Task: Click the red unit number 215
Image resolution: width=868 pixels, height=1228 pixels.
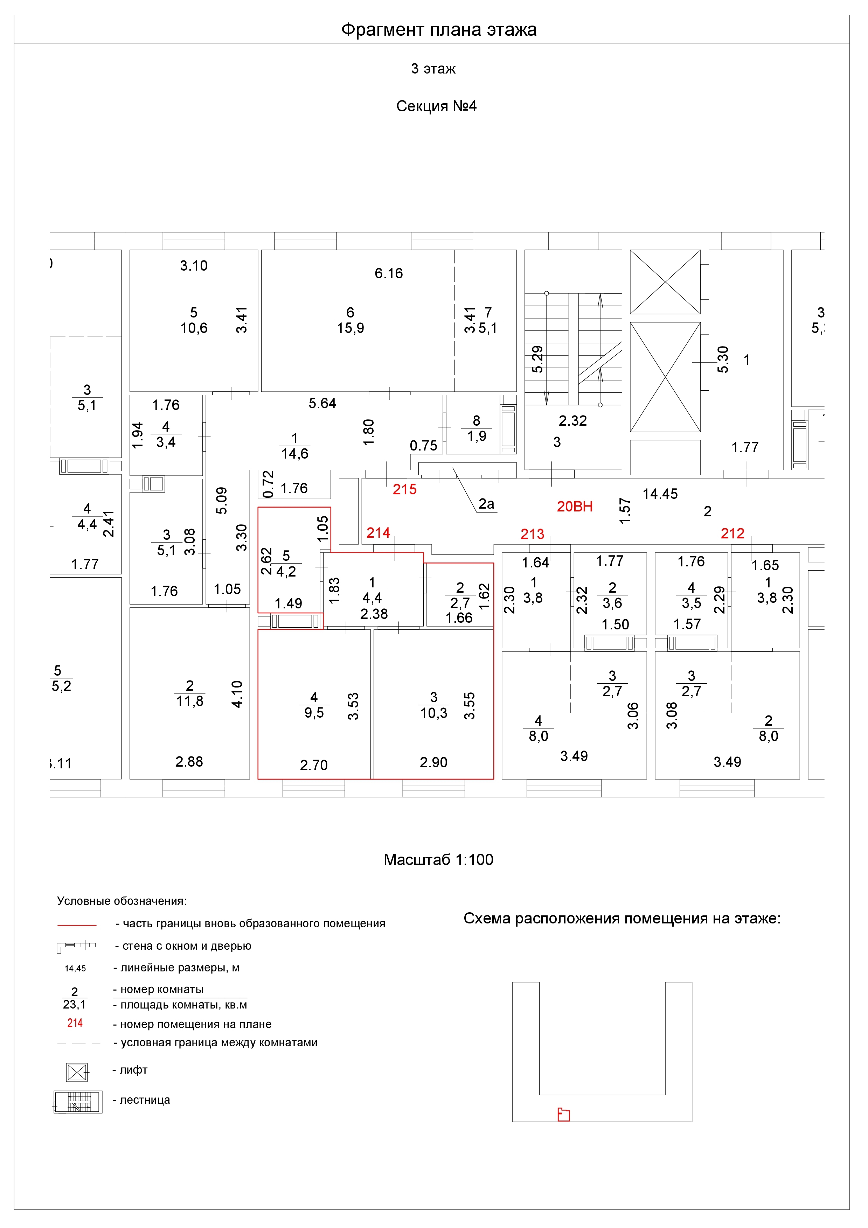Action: click(x=404, y=489)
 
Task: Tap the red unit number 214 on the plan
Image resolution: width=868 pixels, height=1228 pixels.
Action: click(x=378, y=533)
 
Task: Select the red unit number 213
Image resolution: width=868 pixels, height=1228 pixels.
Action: click(x=532, y=534)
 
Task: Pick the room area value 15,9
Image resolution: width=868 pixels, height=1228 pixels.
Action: click(x=350, y=328)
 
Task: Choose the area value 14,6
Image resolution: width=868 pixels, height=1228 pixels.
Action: click(x=295, y=454)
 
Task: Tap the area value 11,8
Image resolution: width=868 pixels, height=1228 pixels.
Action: click(x=190, y=701)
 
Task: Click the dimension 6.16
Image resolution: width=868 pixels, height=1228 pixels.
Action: click(x=389, y=273)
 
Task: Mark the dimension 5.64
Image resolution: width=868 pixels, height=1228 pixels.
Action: click(x=322, y=403)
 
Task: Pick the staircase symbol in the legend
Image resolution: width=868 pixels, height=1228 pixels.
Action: click(x=78, y=1102)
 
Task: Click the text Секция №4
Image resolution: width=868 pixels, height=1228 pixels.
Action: click(x=436, y=106)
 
